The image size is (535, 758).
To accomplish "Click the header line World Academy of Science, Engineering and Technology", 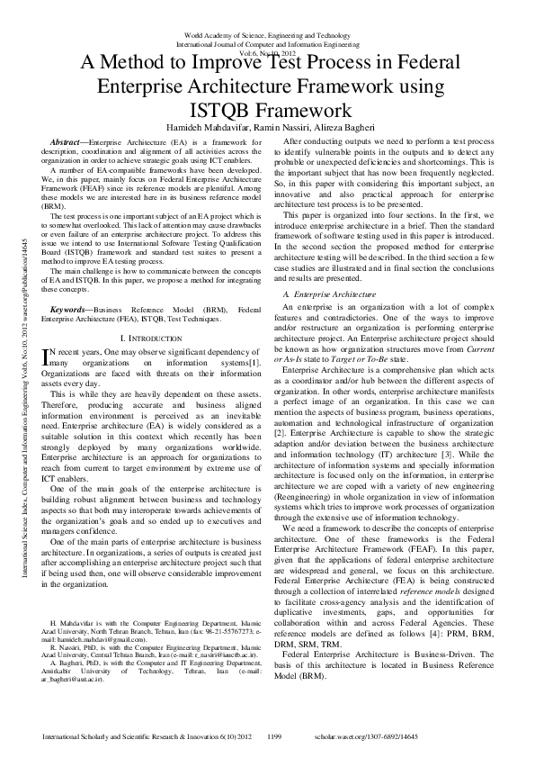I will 267,32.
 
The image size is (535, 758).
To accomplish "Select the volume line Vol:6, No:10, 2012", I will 267,51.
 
